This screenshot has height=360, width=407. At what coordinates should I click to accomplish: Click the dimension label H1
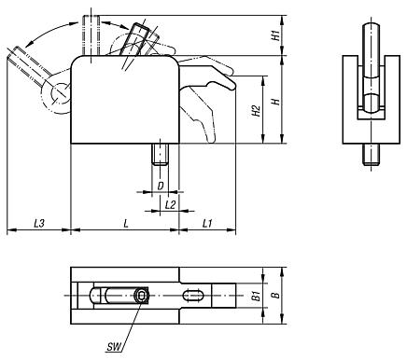click(x=275, y=35)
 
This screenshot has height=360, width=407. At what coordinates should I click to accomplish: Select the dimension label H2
click(x=257, y=111)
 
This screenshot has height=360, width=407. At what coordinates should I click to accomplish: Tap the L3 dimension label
click(x=39, y=223)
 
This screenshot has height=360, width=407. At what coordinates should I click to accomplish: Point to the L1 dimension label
click(x=207, y=223)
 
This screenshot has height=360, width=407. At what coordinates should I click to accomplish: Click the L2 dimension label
click(x=171, y=204)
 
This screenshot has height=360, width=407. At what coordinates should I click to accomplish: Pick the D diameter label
click(x=161, y=187)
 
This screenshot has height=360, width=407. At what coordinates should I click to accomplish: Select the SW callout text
click(x=114, y=347)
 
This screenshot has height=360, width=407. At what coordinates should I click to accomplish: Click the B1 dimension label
click(x=256, y=296)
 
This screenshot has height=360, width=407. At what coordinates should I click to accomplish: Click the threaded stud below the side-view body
click(x=160, y=154)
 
